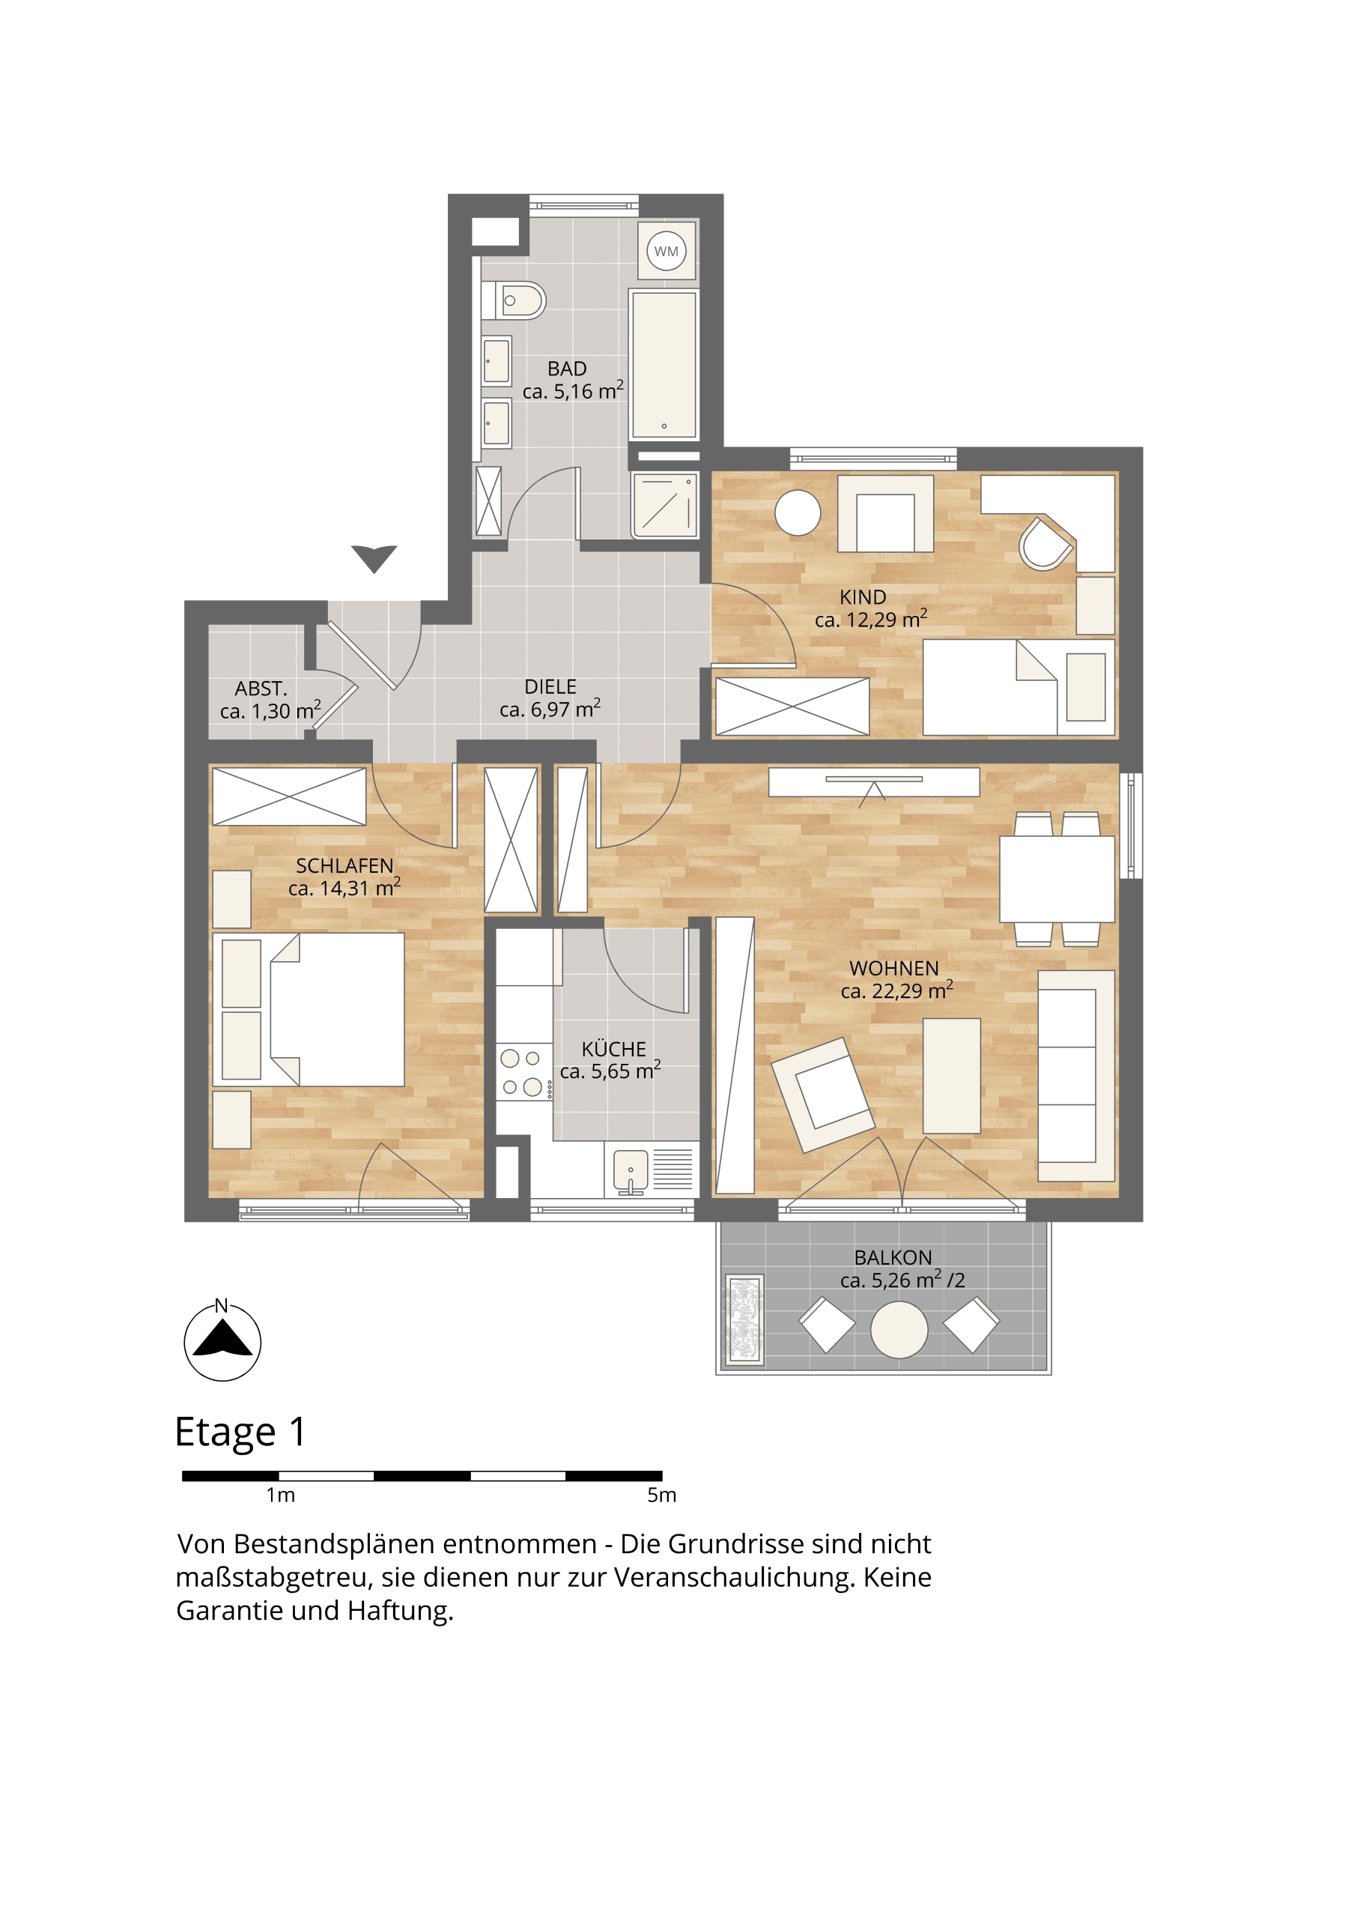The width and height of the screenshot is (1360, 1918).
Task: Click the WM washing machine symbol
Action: [x=667, y=250]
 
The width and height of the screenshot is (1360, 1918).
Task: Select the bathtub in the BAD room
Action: [x=664, y=364]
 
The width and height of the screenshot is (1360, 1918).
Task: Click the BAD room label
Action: [x=567, y=369]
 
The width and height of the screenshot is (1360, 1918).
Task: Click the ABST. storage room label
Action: [x=261, y=689]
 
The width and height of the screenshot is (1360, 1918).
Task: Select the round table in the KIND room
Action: [x=798, y=512]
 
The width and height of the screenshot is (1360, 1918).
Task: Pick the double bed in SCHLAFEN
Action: [x=309, y=1009]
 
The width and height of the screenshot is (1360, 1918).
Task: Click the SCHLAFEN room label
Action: [x=344, y=865]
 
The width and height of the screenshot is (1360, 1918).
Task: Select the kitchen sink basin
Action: [x=631, y=1170]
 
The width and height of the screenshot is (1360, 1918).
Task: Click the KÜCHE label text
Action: [x=614, y=1049]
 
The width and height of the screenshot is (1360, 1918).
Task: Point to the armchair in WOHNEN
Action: [x=822, y=1095]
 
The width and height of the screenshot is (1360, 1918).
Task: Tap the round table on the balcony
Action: [x=899, y=1329]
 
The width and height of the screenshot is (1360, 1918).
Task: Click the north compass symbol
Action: [x=222, y=1341]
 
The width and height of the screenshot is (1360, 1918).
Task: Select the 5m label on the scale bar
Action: [x=661, y=1495]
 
